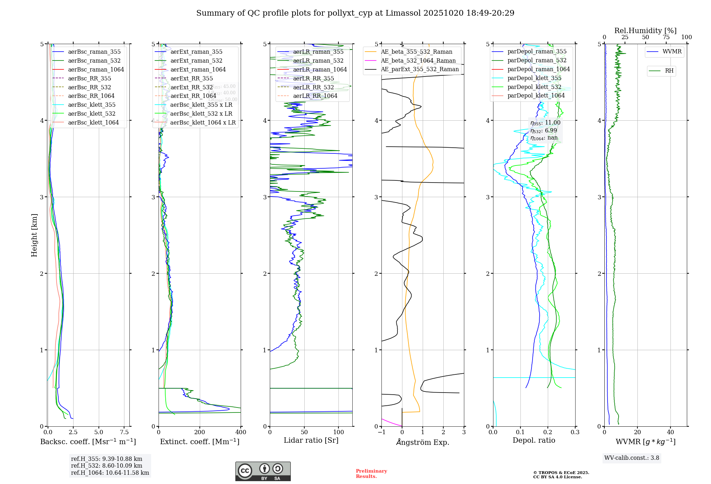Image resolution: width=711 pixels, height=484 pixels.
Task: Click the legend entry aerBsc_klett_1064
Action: pos(93,122)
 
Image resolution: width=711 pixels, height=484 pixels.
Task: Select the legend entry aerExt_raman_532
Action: pos(196,60)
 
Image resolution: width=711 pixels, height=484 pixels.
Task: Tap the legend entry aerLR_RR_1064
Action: pos(315,96)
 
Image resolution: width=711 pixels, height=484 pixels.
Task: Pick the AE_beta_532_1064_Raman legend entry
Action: pos(418,60)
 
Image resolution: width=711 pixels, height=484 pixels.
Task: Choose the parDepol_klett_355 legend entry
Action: pos(534,78)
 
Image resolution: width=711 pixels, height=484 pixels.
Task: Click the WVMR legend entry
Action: pos(672,52)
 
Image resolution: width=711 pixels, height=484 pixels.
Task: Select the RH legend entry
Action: pos(669,71)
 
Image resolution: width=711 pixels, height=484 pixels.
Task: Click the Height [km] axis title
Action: pos(34,235)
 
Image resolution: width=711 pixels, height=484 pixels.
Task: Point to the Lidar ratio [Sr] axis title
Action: pos(311,440)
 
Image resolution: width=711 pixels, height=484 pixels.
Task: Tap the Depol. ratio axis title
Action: pos(534,440)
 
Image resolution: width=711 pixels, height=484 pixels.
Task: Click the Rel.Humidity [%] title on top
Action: pos(645,31)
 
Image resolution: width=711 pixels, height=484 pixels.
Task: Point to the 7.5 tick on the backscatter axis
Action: pos(124,432)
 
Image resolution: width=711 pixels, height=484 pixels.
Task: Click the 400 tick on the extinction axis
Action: pos(241,432)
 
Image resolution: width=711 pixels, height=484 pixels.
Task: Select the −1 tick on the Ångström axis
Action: pos(381,432)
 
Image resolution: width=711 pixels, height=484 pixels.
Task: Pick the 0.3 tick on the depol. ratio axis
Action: pos(575,432)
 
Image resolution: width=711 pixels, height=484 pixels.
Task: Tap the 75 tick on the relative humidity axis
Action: pos(666,37)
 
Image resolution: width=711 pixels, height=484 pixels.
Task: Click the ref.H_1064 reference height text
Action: pos(110,473)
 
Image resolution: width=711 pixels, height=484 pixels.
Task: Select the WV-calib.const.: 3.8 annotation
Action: pos(632,458)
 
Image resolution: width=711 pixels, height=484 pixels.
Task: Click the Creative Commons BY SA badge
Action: pos(263,471)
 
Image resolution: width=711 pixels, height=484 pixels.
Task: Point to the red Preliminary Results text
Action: pos(371,474)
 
